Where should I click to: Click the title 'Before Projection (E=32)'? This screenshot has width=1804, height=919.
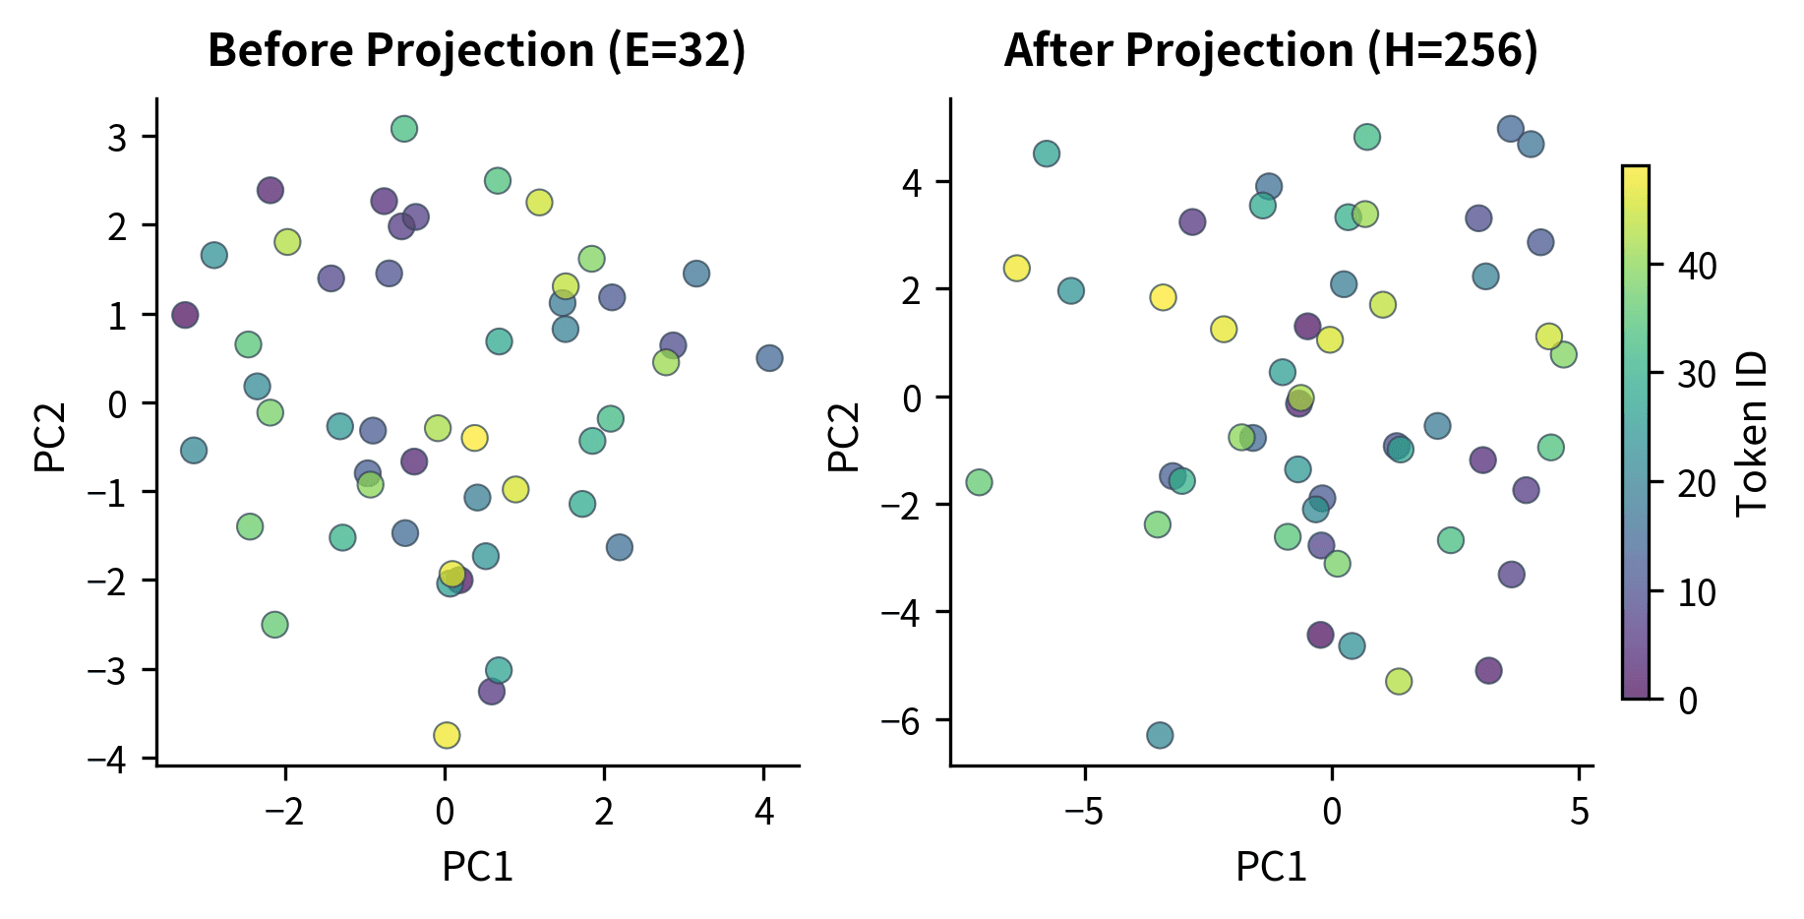point(477,51)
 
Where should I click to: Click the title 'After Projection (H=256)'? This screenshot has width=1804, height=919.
point(1271,51)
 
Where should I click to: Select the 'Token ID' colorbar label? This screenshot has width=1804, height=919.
point(1752,434)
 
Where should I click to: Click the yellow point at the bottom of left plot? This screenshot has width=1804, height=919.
point(447,735)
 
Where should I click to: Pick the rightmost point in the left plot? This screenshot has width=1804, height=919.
point(769,358)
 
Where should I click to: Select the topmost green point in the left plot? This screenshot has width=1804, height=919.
point(404,129)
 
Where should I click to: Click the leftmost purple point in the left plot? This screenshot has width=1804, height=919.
point(185,315)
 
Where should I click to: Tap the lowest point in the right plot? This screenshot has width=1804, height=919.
point(1160,735)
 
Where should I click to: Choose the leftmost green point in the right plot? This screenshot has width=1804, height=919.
point(979,482)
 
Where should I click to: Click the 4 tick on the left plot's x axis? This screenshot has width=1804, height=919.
point(763,812)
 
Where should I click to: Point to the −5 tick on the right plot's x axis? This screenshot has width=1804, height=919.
point(1084,812)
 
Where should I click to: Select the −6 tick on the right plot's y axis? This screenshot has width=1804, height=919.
point(906,721)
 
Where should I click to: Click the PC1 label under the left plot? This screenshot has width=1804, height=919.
point(477,867)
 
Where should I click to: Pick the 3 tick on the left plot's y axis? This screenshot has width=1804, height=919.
point(118,137)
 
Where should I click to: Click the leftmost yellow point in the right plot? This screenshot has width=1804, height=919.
point(1017,268)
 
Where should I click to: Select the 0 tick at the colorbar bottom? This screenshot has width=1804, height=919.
point(1688,701)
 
